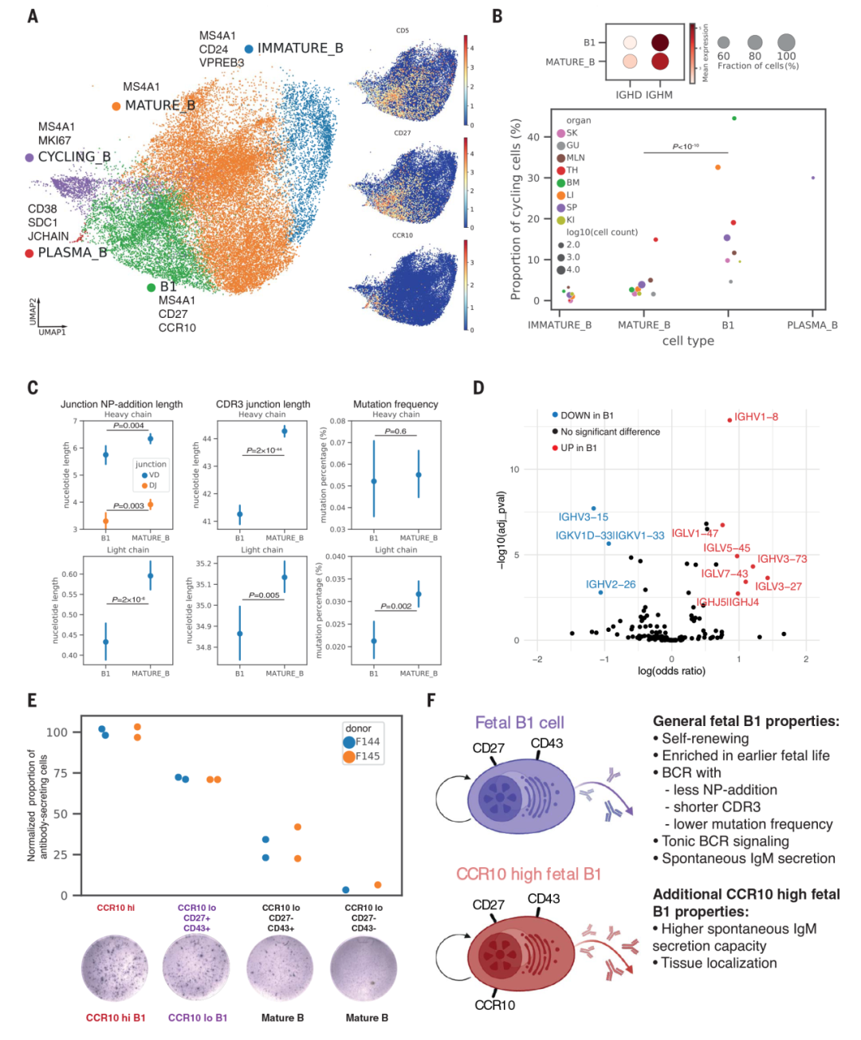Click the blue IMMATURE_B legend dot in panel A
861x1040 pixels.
click(249, 49)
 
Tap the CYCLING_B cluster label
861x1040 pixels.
click(74, 157)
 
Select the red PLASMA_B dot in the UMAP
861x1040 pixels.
click(29, 253)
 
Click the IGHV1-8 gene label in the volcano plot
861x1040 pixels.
click(756, 417)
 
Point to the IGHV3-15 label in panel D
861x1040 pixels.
click(583, 517)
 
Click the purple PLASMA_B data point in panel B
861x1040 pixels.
click(812, 178)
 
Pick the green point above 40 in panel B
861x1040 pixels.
click(734, 119)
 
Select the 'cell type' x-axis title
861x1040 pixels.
click(688, 341)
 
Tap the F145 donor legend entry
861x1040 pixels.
click(367, 756)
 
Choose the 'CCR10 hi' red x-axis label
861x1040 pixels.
click(116, 908)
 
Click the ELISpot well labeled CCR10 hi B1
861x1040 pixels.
click(115, 968)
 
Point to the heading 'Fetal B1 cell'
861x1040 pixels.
click(519, 723)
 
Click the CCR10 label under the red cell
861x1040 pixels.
click(494, 1005)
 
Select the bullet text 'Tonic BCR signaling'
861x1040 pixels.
click(725, 842)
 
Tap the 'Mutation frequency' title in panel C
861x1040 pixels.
click(395, 404)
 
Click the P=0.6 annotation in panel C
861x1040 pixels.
click(395, 431)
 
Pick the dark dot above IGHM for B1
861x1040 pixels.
click(660, 42)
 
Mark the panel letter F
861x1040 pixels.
click(431, 701)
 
